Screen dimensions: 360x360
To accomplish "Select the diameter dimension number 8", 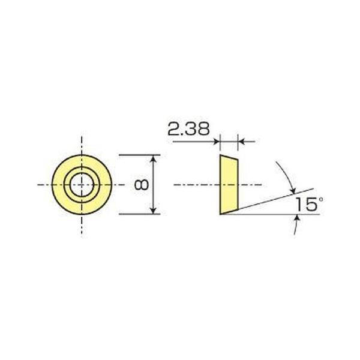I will coord(142,184).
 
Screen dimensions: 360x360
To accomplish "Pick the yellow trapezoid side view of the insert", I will coord(228,184).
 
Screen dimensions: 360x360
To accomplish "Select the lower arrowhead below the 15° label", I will coord(295,220).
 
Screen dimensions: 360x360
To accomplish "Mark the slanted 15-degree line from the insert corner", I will coord(270,200).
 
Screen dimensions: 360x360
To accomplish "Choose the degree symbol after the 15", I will coord(321,199).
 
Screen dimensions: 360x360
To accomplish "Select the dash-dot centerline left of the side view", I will coord(192,184).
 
